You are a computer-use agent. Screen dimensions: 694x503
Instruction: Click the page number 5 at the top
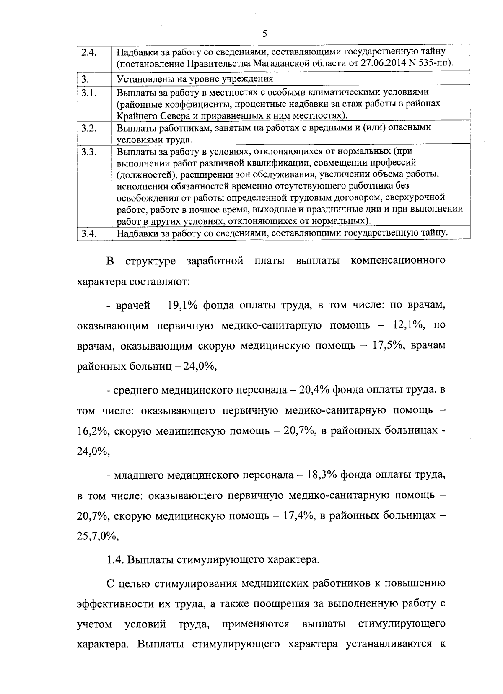[264, 34]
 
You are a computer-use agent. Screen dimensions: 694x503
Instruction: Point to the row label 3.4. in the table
[89, 233]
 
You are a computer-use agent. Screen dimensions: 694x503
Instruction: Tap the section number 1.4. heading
[115, 560]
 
